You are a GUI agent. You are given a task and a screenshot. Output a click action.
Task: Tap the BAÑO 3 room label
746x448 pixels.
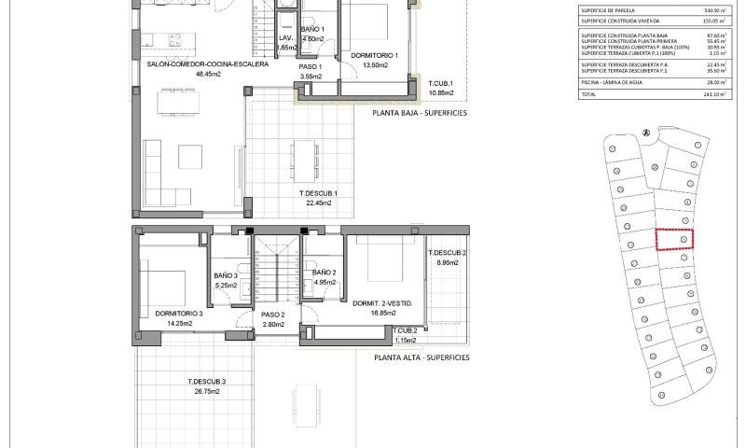(x=226, y=275)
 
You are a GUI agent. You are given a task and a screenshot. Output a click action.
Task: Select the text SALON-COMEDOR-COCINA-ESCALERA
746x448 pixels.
(x=208, y=64)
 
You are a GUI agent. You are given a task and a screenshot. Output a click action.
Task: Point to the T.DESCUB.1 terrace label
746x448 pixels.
(x=318, y=193)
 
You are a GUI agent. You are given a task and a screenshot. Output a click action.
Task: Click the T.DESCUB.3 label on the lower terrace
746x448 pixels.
(x=206, y=382)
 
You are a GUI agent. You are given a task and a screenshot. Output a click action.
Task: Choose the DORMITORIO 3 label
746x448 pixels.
(x=178, y=313)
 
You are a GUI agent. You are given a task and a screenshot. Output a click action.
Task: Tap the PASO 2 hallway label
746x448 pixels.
(x=272, y=315)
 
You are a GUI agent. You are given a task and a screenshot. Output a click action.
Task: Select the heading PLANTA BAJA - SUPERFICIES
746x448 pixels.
(x=420, y=113)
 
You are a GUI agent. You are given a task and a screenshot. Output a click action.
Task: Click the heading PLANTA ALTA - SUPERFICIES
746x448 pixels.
(x=421, y=357)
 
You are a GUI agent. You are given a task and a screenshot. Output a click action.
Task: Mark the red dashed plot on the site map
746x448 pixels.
(x=675, y=240)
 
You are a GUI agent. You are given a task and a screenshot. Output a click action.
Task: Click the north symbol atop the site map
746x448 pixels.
(x=644, y=133)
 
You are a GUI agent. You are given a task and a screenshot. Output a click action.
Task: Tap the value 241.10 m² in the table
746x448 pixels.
(x=717, y=95)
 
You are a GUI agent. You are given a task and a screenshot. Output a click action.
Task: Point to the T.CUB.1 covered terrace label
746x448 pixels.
(x=440, y=85)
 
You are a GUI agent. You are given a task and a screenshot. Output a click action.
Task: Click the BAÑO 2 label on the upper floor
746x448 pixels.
(x=325, y=272)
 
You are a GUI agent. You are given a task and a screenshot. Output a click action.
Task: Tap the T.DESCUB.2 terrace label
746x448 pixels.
(x=447, y=254)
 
